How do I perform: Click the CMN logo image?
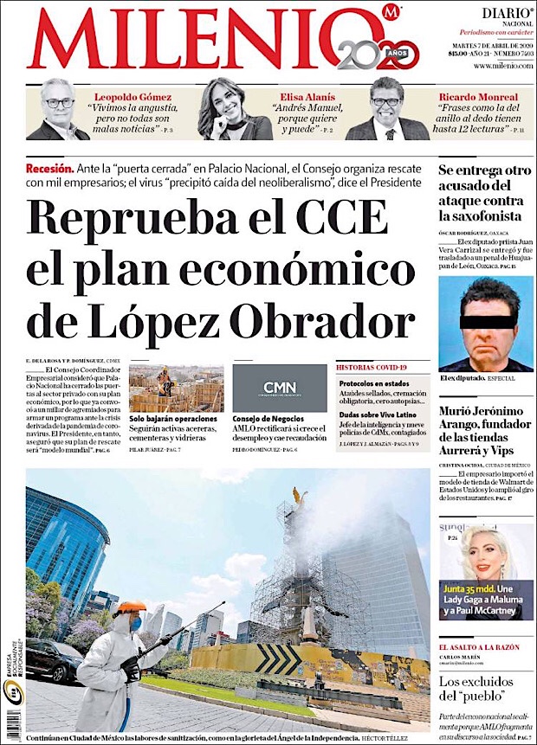click(279, 388)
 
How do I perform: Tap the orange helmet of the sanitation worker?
click(131, 607)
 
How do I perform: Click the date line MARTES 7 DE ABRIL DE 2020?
click(491, 45)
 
